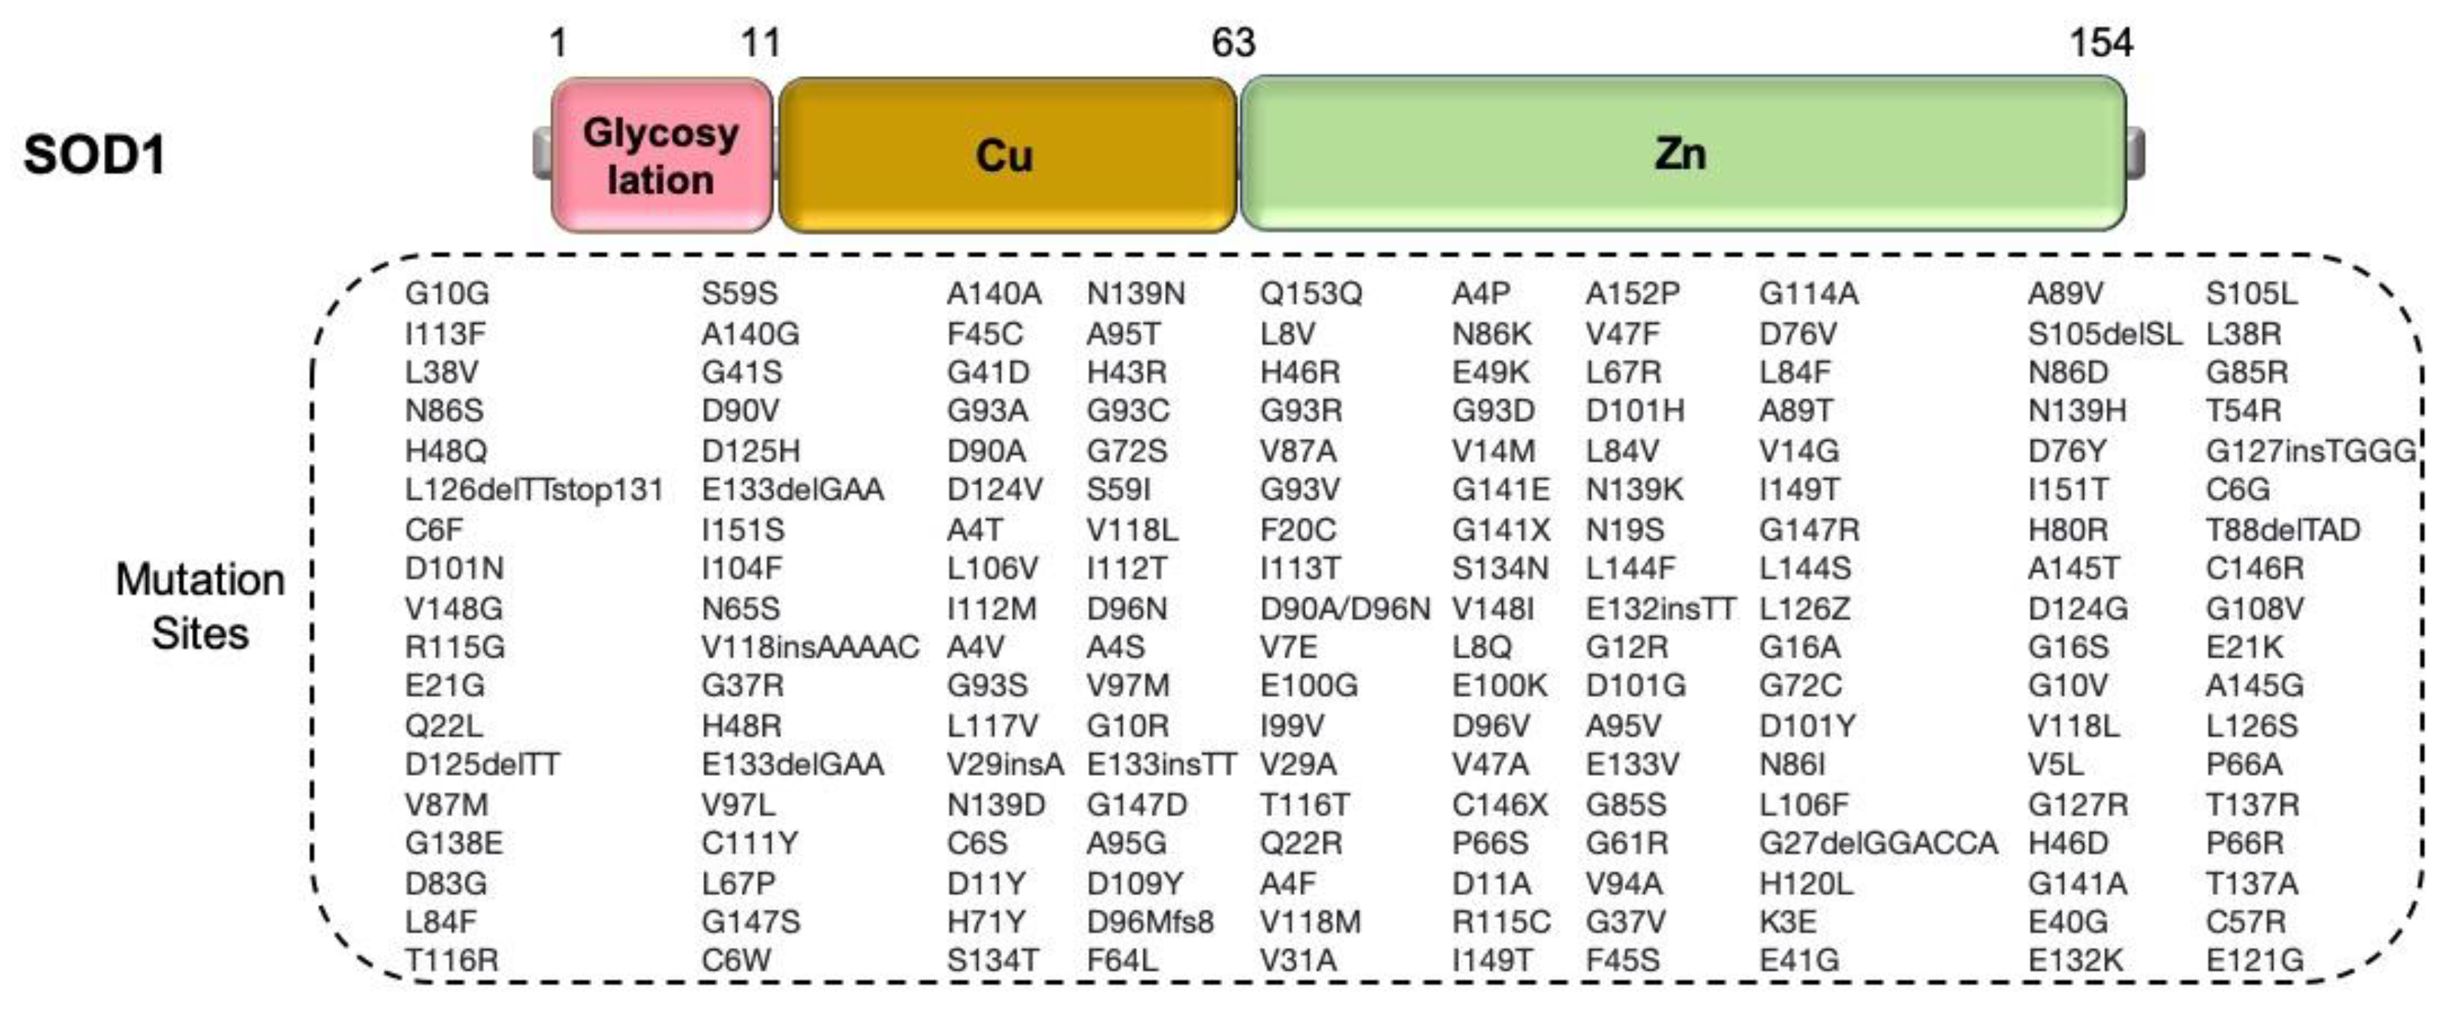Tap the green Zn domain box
[x=1681, y=154]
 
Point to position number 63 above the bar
[x=1233, y=43]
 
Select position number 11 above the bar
[x=760, y=43]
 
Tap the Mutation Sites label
[x=200, y=606]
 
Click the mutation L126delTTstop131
[x=534, y=490]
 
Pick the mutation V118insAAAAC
[x=809, y=647]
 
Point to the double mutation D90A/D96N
[x=1344, y=609]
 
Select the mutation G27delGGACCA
[x=1877, y=843]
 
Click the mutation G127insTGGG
[x=2310, y=451]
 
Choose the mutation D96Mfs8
[x=1149, y=922]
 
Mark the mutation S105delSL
[x=2104, y=334]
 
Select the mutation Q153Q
[x=1310, y=293]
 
